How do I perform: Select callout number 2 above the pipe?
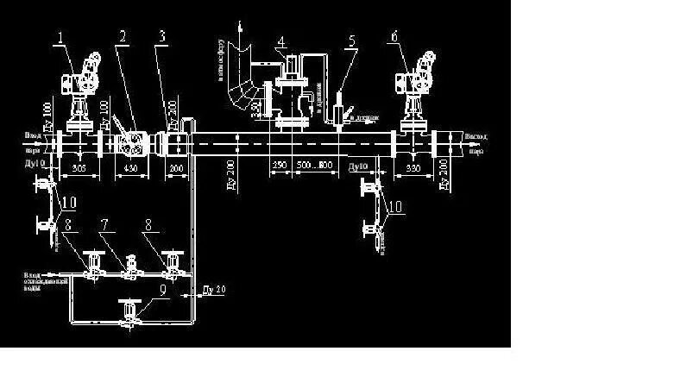click(x=123, y=36)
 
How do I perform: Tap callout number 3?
click(x=161, y=36)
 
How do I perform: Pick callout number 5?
click(x=351, y=41)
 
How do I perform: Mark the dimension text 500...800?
click(x=314, y=164)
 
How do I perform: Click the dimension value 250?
click(x=279, y=164)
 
